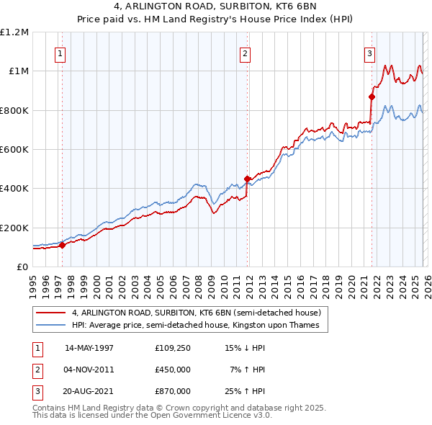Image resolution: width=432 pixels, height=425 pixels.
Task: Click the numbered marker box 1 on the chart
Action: click(60, 53)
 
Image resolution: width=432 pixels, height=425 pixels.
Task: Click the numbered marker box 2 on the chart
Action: click(246, 53)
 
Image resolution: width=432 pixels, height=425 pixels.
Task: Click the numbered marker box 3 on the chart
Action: click(369, 53)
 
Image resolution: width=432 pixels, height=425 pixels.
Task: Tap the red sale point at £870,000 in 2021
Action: click(372, 97)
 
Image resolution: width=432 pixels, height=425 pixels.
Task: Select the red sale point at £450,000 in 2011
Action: click(247, 179)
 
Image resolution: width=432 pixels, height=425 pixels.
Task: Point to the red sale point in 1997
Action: click(62, 245)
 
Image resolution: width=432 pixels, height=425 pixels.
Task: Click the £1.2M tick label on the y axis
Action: click(14, 32)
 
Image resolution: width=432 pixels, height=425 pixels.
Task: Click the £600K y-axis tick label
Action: click(14, 149)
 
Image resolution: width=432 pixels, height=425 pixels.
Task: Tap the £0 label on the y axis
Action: click(22, 267)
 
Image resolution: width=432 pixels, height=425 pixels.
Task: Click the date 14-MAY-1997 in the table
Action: click(89, 348)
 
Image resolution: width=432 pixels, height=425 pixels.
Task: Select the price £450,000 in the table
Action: click(173, 370)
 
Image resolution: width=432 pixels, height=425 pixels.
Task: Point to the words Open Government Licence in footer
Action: click(205, 416)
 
